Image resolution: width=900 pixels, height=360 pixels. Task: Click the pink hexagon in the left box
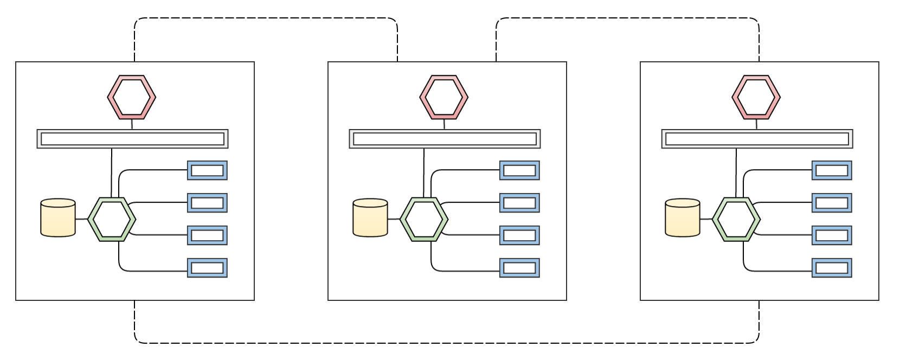132,97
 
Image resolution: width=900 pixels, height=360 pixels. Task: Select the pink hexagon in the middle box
444,97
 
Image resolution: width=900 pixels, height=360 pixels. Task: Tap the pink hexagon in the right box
756,97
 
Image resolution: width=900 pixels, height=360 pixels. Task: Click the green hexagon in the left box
112,219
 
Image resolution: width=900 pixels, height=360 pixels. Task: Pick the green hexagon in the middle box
424,219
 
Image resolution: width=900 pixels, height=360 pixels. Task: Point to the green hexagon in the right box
736,219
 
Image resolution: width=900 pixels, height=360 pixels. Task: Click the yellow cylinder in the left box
58,218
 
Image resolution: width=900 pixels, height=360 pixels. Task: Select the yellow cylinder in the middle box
370,218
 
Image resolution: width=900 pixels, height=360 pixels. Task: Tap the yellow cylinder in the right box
683,218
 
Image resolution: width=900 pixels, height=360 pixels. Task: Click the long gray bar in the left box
132,139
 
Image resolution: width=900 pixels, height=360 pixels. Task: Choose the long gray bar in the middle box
445,139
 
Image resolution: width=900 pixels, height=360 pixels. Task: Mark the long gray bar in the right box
757,139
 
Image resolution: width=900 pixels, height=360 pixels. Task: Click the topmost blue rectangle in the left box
207,170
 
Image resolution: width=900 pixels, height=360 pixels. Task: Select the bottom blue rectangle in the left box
207,268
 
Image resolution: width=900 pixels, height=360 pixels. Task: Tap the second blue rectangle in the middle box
519,203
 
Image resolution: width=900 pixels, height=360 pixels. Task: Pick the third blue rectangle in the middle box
519,235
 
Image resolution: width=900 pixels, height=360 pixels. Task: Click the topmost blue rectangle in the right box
832,170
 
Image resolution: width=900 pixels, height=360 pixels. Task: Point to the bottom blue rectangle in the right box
832,268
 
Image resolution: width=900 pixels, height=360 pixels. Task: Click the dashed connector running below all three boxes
447,343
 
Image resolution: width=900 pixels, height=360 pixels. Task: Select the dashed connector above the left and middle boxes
266,18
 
